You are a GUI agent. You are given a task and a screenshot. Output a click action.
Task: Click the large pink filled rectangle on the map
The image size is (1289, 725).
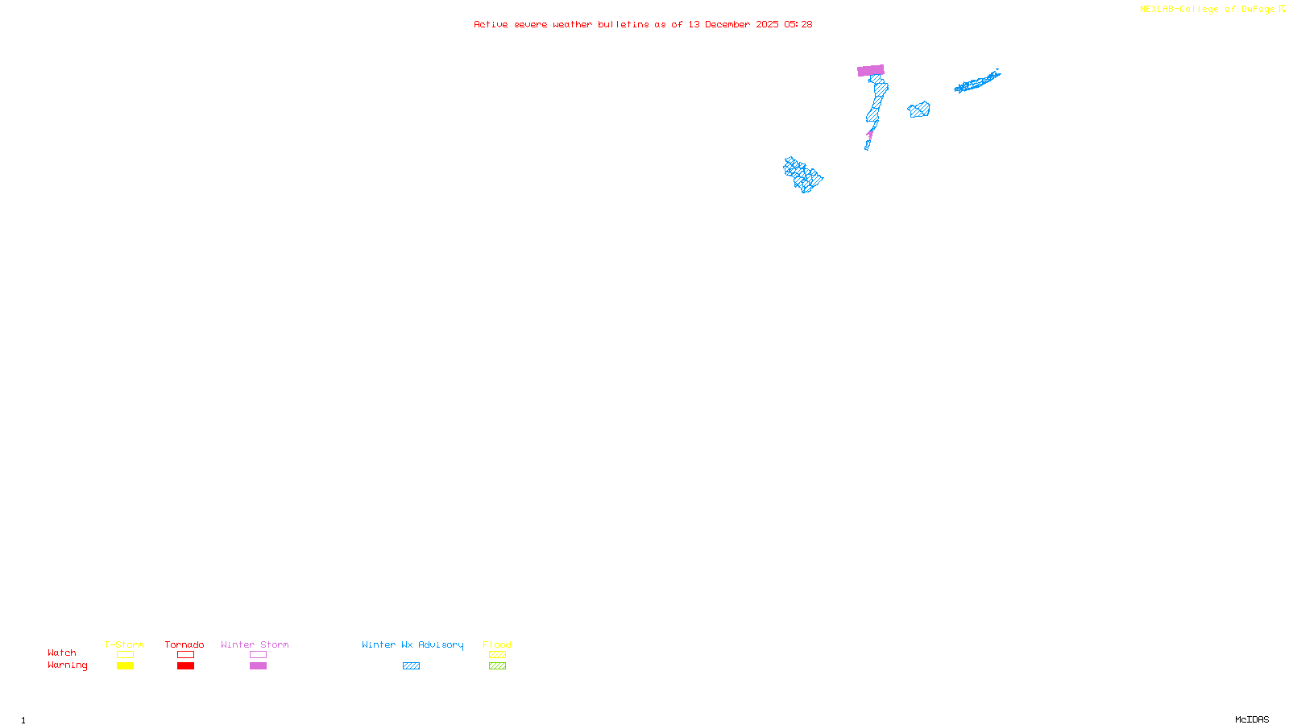870,70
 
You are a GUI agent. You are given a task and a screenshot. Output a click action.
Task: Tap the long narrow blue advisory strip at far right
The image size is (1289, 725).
976,82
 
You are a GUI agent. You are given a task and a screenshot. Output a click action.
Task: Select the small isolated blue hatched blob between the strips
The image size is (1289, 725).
918,110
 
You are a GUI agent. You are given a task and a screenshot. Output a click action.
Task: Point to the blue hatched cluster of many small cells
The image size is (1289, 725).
802,175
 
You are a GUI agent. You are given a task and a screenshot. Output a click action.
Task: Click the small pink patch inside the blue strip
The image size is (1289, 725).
870,134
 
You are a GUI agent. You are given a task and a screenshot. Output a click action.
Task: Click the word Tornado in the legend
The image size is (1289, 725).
184,644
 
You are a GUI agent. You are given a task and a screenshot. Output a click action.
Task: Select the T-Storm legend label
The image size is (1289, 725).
124,644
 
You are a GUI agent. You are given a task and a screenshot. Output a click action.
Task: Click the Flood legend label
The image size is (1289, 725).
497,644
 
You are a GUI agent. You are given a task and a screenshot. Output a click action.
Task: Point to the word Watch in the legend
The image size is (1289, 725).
62,652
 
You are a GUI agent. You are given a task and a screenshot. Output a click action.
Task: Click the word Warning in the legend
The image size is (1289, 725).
67,665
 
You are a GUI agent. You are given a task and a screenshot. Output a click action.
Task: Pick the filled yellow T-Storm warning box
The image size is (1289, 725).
125,666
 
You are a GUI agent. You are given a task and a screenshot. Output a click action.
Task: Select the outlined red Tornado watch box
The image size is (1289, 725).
185,655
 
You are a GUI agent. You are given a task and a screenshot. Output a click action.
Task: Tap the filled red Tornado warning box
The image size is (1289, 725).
185,666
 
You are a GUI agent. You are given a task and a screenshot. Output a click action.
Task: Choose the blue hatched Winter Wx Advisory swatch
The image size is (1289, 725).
411,666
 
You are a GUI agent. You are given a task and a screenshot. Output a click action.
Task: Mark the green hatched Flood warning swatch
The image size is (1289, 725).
497,666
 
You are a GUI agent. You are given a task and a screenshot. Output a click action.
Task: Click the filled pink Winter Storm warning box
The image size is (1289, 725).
258,666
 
